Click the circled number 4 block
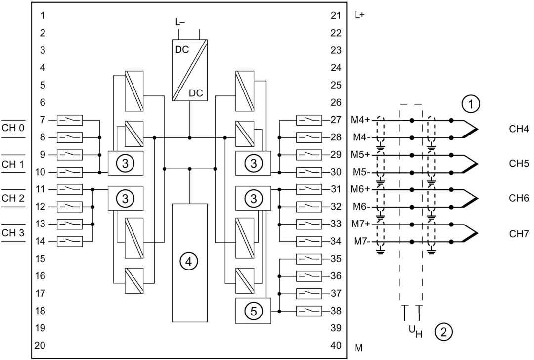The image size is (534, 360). point(189,263)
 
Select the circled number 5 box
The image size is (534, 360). point(253,311)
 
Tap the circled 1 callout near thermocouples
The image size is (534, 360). point(471,103)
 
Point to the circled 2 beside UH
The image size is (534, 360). point(444,331)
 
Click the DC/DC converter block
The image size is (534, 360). point(190,70)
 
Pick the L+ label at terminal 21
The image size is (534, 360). point(359,15)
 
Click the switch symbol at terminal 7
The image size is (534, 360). point(70,120)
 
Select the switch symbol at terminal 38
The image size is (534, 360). point(309,311)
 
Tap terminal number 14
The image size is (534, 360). point(40,241)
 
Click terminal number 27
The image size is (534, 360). point(336,120)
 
